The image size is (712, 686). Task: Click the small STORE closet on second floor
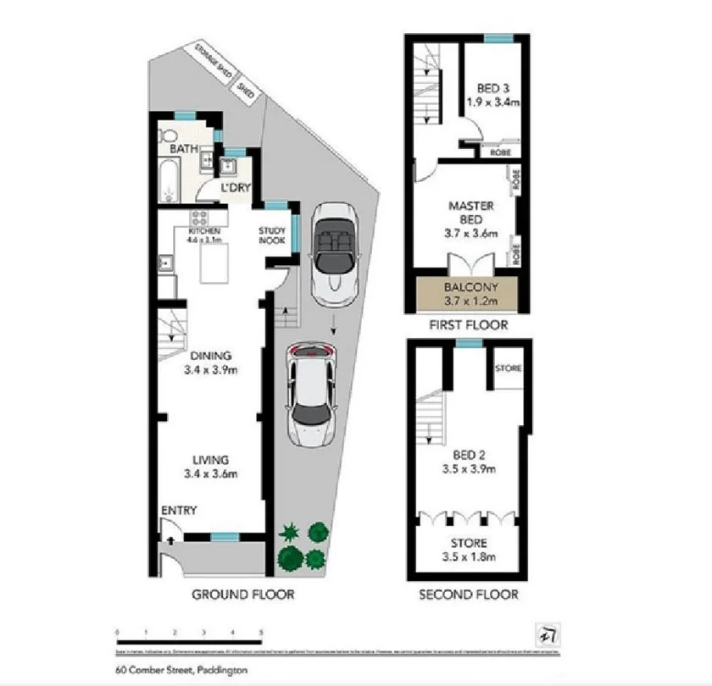pyautogui.click(x=509, y=369)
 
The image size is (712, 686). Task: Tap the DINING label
pyautogui.click(x=211, y=356)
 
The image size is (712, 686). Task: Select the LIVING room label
pyautogui.click(x=211, y=460)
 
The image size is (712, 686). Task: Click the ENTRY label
pyautogui.click(x=179, y=511)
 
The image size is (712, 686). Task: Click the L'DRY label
pyautogui.click(x=233, y=187)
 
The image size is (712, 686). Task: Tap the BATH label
pyautogui.click(x=184, y=149)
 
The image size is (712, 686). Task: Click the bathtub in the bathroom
pyautogui.click(x=167, y=180)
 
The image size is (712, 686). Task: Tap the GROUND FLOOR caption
pyautogui.click(x=242, y=595)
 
